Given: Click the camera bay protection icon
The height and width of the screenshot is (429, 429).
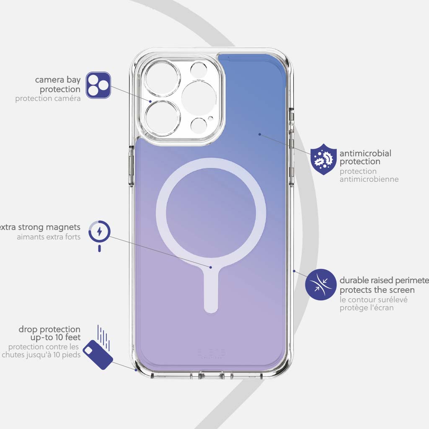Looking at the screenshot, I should pos(98,85).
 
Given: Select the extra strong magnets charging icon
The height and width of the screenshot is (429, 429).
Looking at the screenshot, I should pos(99,233).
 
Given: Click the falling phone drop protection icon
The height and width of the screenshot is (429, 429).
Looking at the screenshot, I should pos(98,354).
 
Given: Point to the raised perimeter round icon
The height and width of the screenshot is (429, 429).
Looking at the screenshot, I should pos(321,284).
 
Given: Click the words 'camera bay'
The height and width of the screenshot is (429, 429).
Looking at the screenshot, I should pos(58,80).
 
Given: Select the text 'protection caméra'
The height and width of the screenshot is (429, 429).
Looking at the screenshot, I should pos(48,99).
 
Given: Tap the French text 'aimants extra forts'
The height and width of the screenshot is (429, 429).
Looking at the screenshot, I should pos(49,237).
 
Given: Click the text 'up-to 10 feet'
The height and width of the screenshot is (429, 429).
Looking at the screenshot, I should pos(55,337).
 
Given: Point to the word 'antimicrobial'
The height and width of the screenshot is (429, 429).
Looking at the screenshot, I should pos(365,153).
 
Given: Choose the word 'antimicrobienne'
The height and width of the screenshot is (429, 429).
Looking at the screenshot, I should pos(369,179).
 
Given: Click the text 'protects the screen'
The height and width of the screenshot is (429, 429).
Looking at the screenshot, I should pos(377,290).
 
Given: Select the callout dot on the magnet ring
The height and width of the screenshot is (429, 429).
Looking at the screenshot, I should pos(211,267).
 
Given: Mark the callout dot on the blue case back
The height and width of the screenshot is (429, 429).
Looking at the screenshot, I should pos(260,134).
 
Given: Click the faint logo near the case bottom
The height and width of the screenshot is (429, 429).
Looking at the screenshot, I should pos(211,353).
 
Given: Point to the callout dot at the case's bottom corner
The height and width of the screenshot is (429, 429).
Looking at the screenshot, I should pos(136,370).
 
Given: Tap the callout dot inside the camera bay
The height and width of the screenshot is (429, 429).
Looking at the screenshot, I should pos(150,101).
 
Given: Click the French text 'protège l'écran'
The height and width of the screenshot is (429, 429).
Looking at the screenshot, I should pos(366,308).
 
